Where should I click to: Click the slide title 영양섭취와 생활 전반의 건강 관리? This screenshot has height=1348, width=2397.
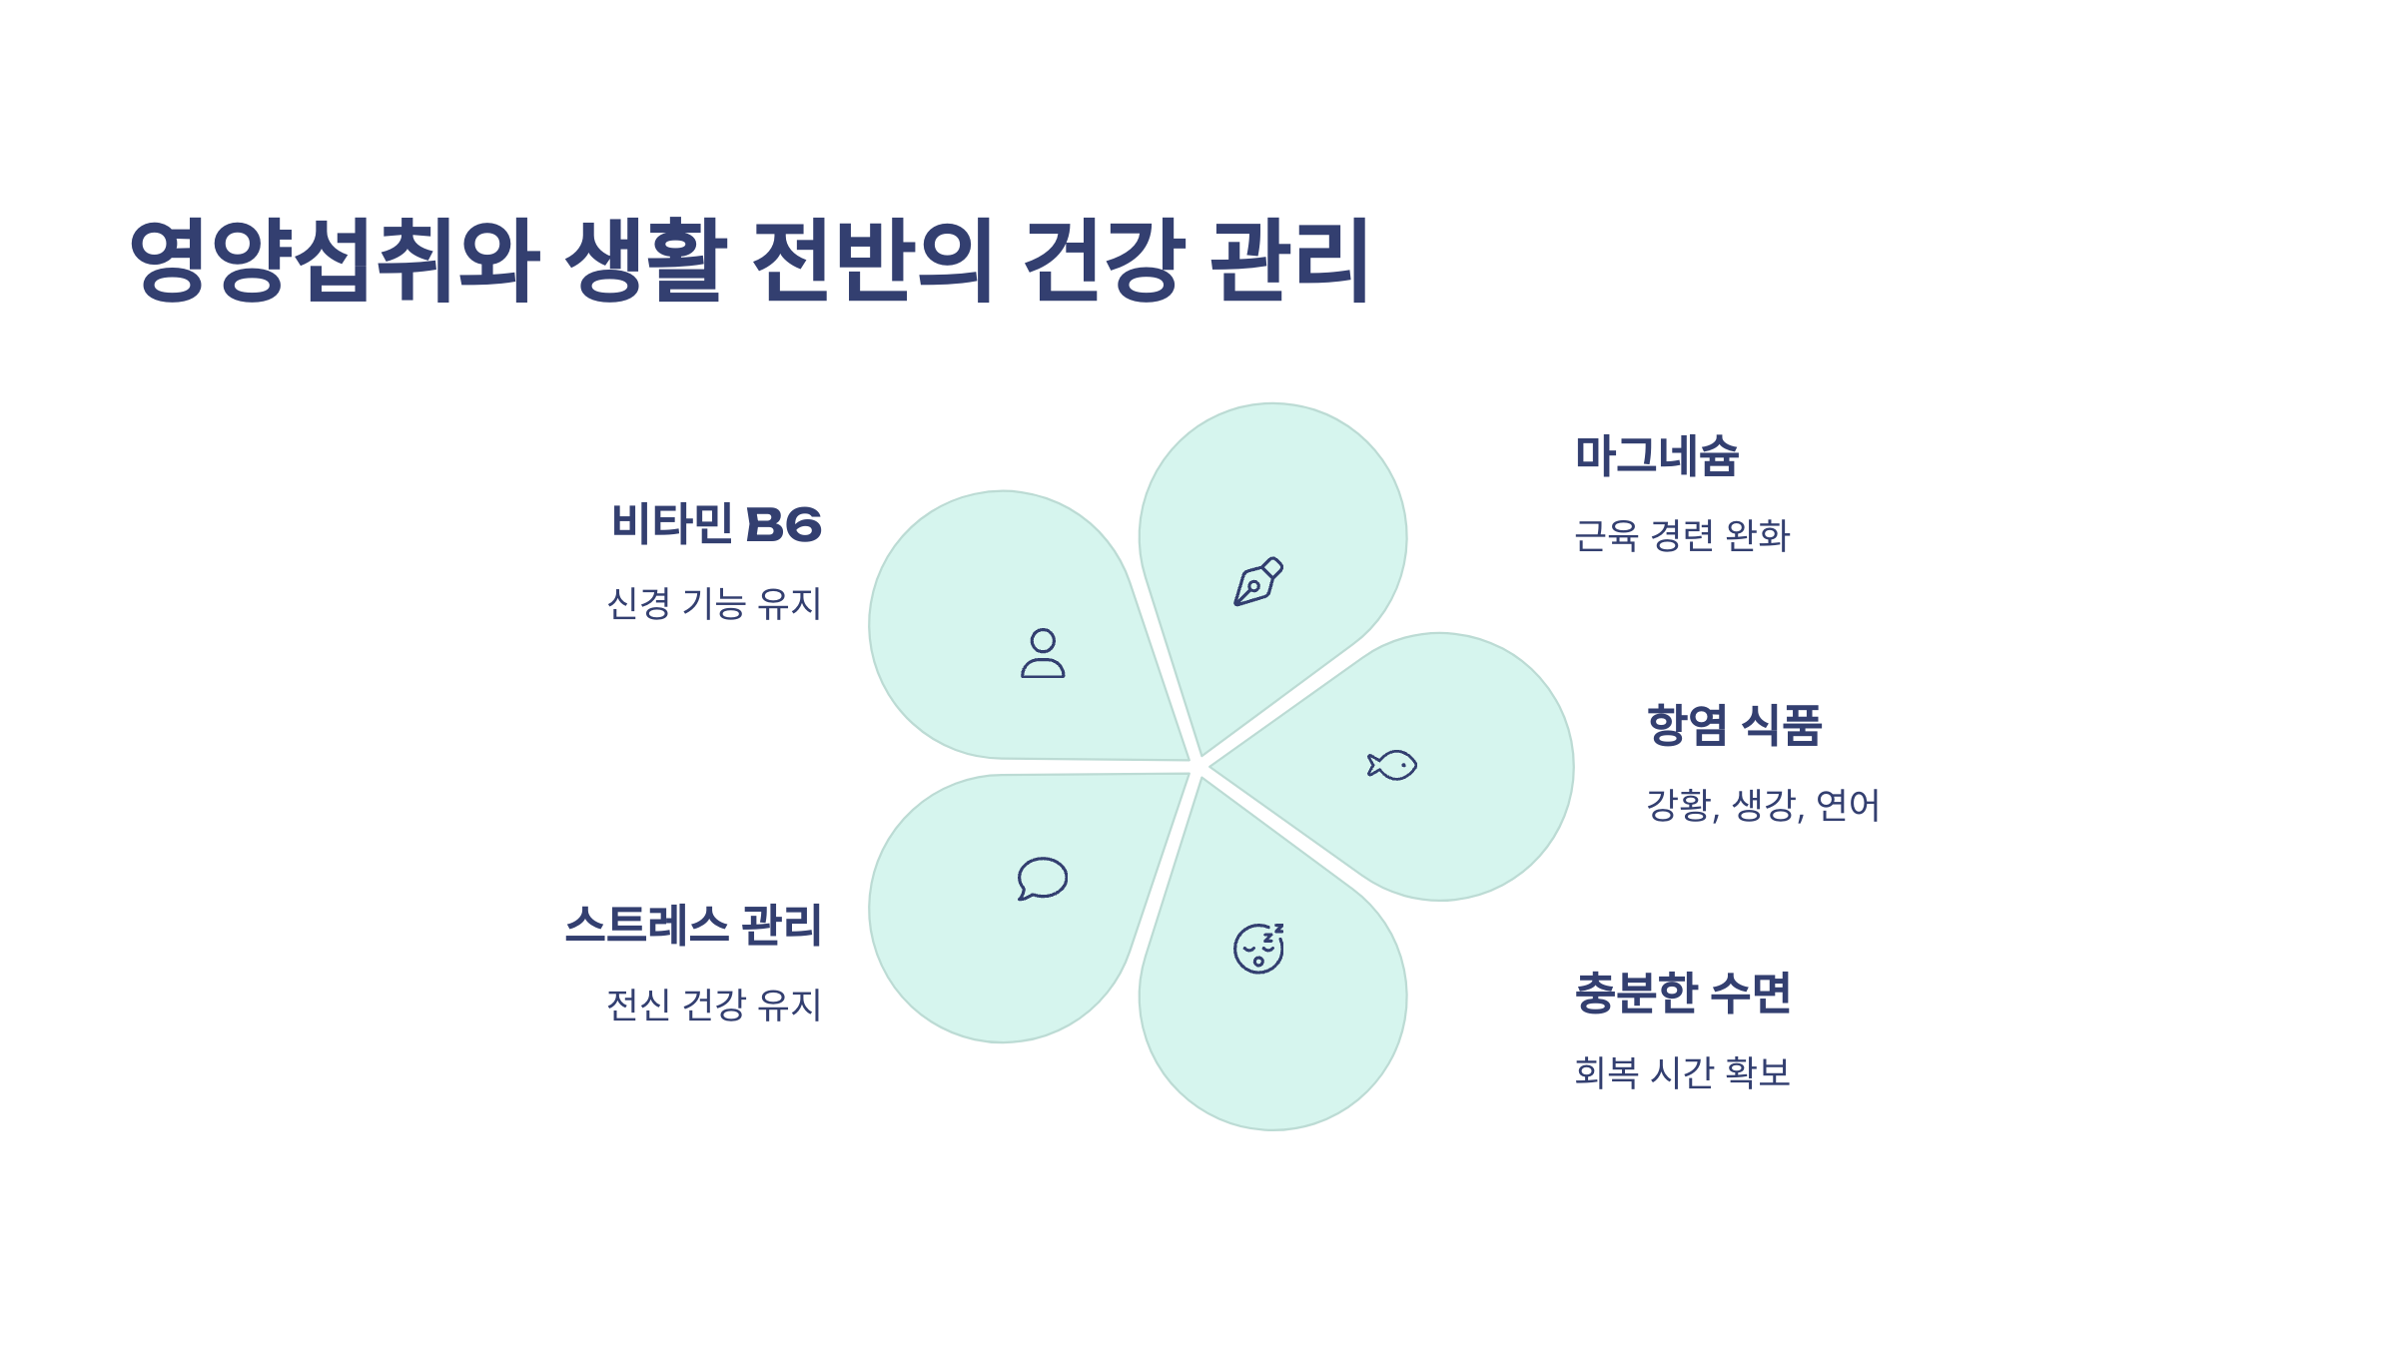coord(749,260)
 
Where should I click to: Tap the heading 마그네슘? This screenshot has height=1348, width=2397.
coord(1657,456)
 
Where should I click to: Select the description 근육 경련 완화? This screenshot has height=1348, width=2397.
coord(1682,536)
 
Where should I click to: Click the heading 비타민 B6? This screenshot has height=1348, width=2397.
coord(716,524)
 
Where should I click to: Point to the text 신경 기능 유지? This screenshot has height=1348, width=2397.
coord(714,604)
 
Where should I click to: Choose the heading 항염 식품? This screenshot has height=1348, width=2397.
coord(1734,725)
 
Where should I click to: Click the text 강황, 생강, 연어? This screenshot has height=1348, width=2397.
coord(1763,805)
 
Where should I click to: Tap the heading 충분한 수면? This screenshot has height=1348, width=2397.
coord(1683,994)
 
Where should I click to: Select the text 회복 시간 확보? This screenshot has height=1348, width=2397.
coord(1682,1072)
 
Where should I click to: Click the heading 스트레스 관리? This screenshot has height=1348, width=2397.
coord(693,925)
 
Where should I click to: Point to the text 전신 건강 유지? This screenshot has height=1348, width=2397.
coord(714,1005)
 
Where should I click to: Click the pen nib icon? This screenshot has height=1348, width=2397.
coord(1257,582)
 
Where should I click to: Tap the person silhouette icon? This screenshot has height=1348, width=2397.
coord(1043,654)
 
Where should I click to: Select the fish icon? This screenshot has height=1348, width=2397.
coord(1392,766)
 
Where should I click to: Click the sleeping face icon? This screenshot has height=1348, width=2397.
coord(1258,949)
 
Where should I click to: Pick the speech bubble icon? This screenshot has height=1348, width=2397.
coord(1043,879)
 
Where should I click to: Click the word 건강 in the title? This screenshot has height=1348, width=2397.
coord(1104,260)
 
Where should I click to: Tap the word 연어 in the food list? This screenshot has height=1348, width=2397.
coord(1848,805)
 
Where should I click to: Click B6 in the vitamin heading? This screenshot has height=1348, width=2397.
coord(784,525)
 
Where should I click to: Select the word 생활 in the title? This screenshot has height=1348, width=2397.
coord(646,260)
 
